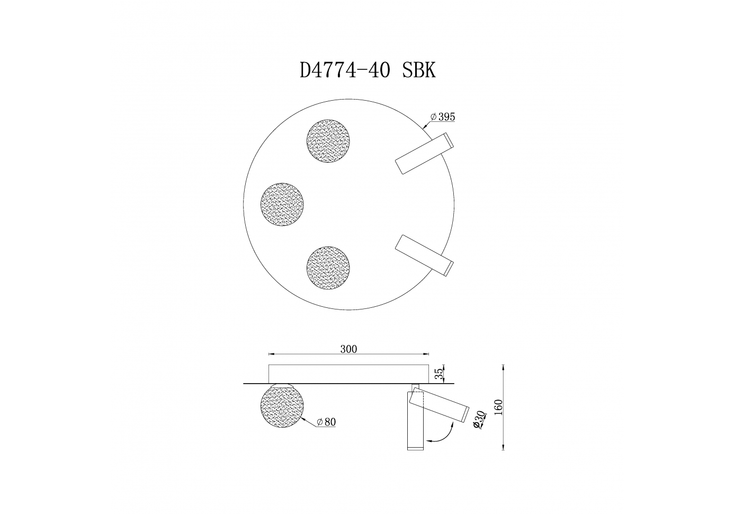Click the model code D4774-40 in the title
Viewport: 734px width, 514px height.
coord(345,70)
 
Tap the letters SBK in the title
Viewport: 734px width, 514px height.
coord(419,70)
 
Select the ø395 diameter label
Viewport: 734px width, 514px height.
coord(443,117)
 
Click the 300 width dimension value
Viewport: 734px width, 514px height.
coord(348,349)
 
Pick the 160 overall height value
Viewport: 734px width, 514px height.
coord(498,407)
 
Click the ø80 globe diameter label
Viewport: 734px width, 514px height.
coord(326,422)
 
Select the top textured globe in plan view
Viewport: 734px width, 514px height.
coord(328,141)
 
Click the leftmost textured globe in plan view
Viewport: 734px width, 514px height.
coord(282,204)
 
